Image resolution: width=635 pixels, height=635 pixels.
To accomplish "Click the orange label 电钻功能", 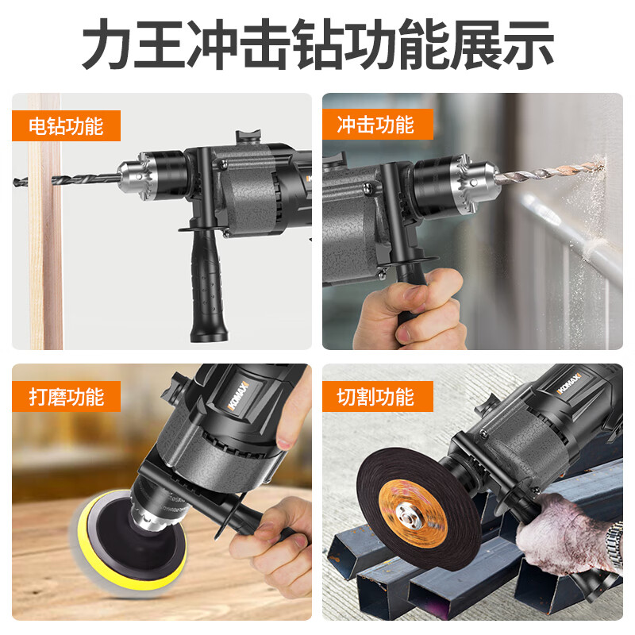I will [x=66, y=125].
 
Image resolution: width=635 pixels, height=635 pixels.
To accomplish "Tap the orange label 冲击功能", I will [x=375, y=125].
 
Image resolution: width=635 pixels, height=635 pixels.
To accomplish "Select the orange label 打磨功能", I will [x=66, y=396].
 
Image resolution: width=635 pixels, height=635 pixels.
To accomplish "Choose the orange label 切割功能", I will [x=375, y=396].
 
